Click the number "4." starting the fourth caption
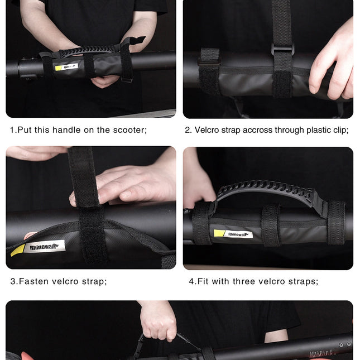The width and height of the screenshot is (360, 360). click(x=193, y=281)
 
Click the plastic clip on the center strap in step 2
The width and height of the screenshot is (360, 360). click(x=282, y=50)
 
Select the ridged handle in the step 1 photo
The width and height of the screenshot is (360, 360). click(x=87, y=50)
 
